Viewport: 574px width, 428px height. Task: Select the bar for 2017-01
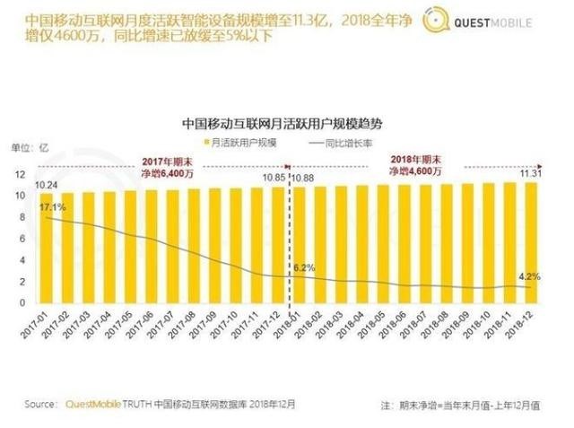(45, 248)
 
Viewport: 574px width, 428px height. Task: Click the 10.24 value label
(48, 185)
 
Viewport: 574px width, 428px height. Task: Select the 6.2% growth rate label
(305, 267)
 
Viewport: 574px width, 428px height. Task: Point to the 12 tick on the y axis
(20, 173)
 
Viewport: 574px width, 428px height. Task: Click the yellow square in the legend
(207, 144)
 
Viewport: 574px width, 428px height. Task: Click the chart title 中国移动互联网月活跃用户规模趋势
(287, 123)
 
